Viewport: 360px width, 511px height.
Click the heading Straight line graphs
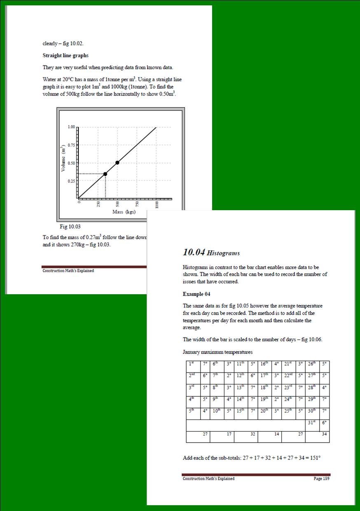click(x=65, y=55)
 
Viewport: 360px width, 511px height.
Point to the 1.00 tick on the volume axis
click(x=71, y=127)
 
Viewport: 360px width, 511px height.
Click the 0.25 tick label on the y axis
click(x=71, y=181)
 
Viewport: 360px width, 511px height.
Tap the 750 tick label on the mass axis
click(x=138, y=205)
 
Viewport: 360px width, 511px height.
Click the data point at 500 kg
click(x=117, y=162)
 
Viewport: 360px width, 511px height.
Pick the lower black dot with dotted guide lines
click(x=105, y=174)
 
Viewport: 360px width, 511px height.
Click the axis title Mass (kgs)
click(x=124, y=212)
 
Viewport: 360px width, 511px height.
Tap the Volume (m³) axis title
click(x=63, y=159)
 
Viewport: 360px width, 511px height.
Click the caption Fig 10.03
click(x=70, y=227)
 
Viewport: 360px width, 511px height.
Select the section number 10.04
click(x=194, y=252)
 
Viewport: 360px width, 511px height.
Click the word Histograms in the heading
click(x=223, y=253)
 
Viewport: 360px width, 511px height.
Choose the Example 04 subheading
click(x=199, y=294)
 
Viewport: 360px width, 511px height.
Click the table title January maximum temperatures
click(x=217, y=352)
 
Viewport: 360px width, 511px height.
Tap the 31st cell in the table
click(x=312, y=423)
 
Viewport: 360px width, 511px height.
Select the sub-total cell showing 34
click(x=325, y=434)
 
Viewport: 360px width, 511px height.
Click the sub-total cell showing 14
click(x=277, y=434)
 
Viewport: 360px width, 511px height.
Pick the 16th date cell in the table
click(x=264, y=364)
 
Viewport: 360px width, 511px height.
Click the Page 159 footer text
click(x=321, y=478)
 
